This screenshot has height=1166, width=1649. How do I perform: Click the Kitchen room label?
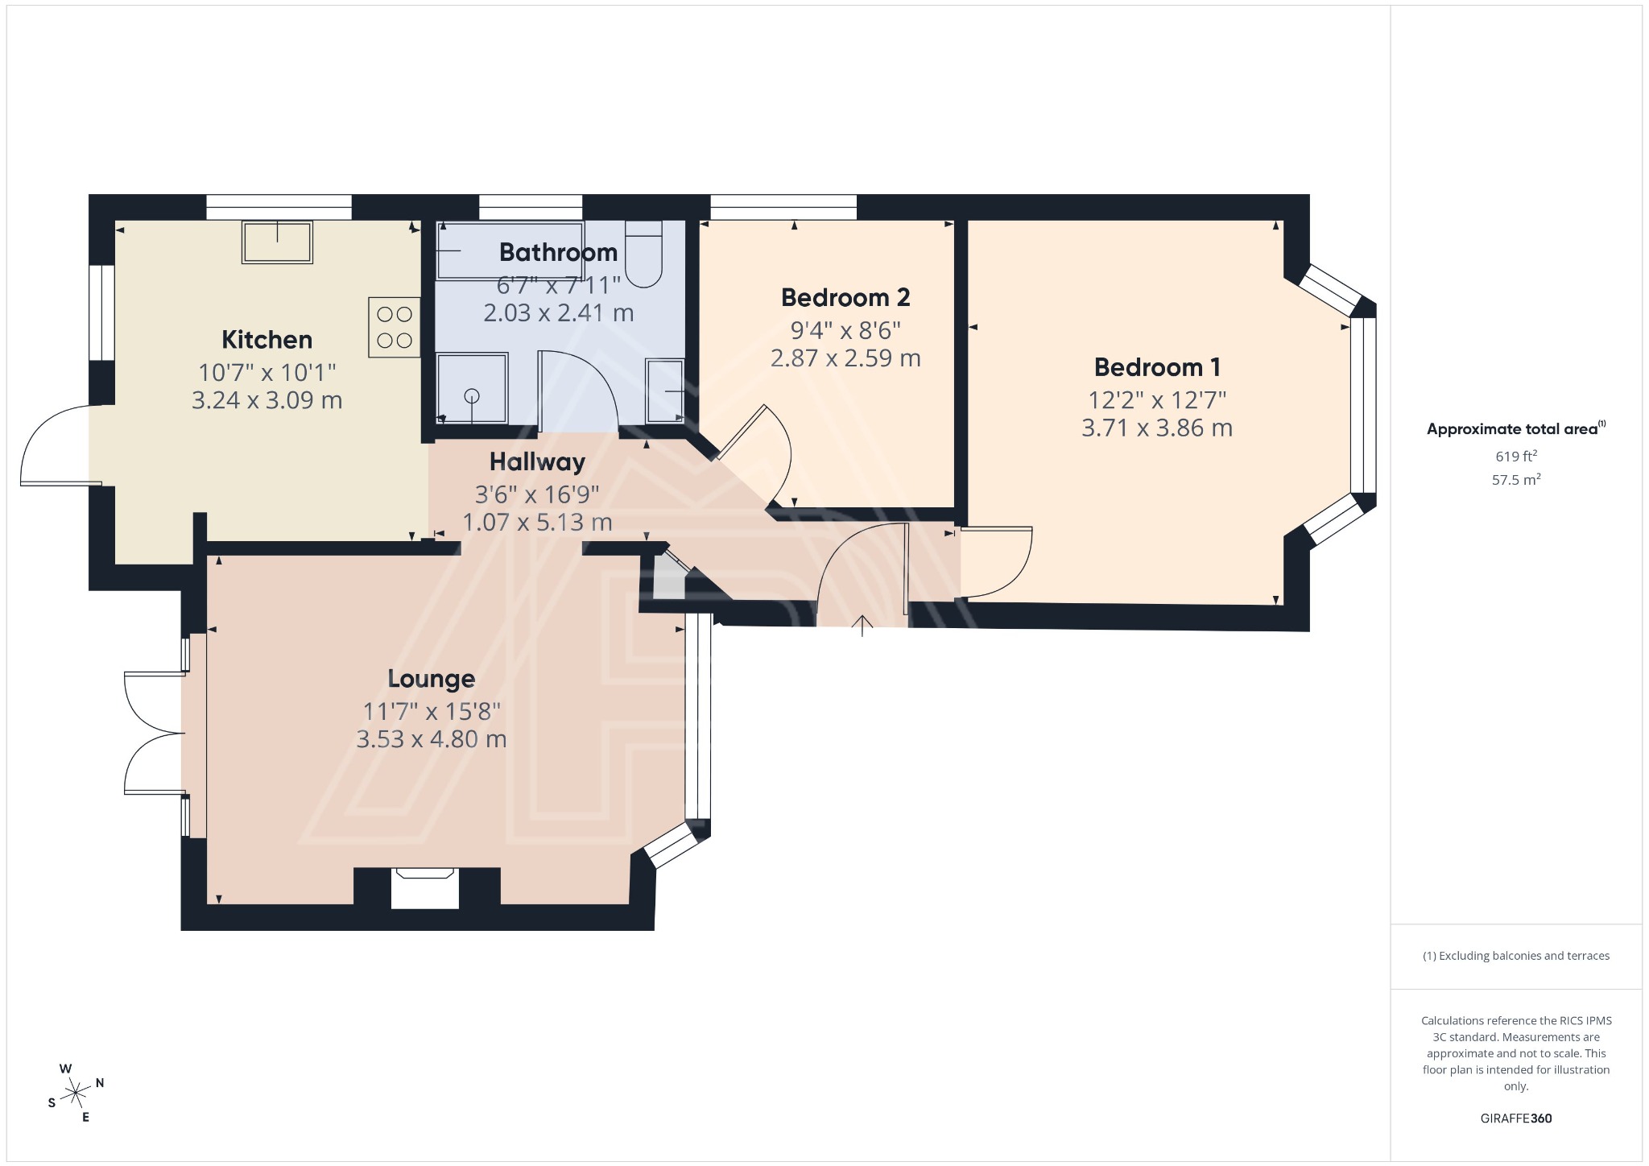coord(267,340)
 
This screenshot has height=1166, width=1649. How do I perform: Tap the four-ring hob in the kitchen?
coord(394,327)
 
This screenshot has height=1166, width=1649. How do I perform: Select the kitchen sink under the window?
coord(277,242)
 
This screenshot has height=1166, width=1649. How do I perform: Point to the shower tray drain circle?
coord(472,395)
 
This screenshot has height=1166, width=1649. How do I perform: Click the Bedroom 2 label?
coord(845,298)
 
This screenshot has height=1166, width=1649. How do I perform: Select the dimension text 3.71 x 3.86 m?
coord(1156,428)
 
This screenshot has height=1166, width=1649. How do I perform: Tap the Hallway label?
coord(537,462)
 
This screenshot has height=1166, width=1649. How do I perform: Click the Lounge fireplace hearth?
coord(424,888)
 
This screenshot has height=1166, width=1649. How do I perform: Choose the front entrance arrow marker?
coord(862,625)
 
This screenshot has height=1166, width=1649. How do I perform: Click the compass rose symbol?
coord(76,1093)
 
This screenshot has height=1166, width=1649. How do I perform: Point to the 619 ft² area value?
coord(1516,456)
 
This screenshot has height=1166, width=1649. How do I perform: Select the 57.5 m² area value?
coord(1516,480)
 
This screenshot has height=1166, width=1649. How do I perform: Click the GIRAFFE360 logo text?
coord(1516,1118)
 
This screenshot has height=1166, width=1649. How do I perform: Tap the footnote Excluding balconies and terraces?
coord(1516,956)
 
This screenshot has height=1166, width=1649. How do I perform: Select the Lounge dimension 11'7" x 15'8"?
coord(432,712)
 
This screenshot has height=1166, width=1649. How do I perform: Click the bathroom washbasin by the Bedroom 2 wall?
coord(665,391)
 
